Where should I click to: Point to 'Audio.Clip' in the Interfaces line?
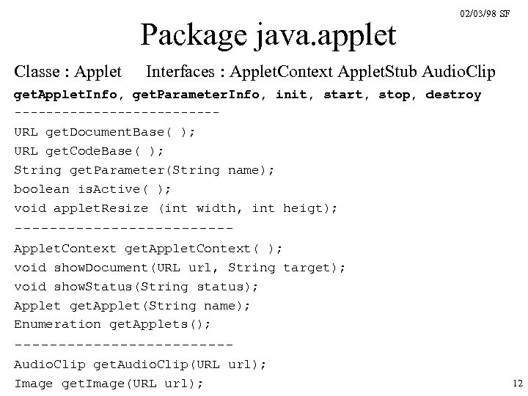459,72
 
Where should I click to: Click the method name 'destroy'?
453,95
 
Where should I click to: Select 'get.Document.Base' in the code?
108,133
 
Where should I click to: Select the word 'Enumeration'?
58,324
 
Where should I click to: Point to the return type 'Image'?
34,384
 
